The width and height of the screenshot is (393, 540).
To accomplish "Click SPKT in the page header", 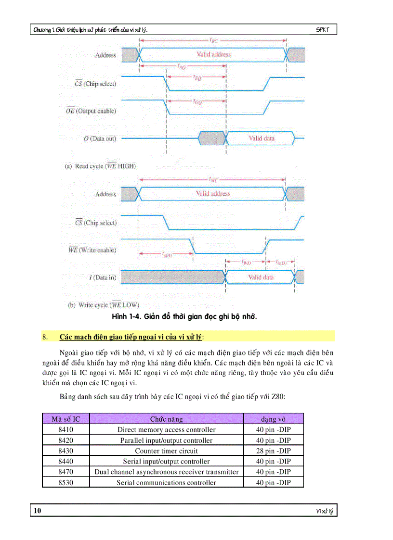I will pos(323,30).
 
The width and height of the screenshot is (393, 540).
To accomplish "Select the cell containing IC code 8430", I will pos(65,451).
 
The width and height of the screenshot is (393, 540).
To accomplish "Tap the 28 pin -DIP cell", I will pos(273,451).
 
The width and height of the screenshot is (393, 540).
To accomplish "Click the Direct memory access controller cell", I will pos(166,430).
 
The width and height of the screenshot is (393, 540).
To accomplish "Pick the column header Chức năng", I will pos(166,419).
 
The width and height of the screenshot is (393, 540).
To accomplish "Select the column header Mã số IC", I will pos(65,419).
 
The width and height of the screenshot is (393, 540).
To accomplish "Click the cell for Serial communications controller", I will pos(166,483).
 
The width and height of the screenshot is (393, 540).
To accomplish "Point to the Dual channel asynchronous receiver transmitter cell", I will pos(166,472).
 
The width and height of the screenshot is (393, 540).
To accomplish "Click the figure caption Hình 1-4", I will pos(184,316).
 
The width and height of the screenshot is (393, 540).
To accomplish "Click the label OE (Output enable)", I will pos(91,111).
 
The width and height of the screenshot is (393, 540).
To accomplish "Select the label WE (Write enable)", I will pos(92,250).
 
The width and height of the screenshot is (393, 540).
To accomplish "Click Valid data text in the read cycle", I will pos(262,138).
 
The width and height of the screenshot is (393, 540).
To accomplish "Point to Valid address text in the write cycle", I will pos(213,194).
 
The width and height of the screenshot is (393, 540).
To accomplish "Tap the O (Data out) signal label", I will pos(100,139).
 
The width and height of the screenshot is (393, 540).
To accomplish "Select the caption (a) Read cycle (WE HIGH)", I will pos(100,166).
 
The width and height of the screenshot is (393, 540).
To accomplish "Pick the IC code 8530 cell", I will pos(65,483).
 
